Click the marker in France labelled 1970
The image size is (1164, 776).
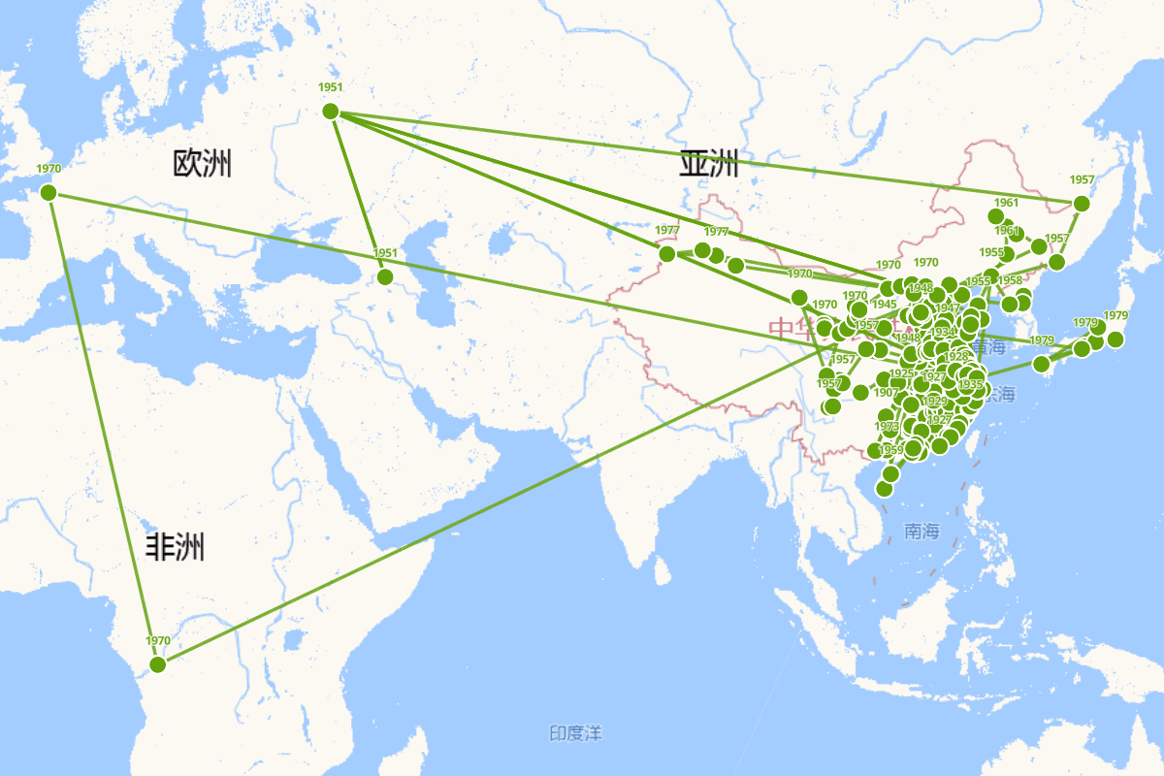[x=48, y=193]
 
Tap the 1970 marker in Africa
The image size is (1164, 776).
[x=158, y=664]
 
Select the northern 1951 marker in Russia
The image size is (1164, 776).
[x=330, y=112]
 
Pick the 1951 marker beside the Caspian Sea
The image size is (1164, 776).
[x=385, y=276]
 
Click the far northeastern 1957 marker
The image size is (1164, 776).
[x=1082, y=204]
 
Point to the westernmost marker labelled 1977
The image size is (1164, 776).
[x=667, y=254]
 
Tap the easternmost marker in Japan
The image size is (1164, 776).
[x=1115, y=339]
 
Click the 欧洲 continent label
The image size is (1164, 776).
[x=202, y=163]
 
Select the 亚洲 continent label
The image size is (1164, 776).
[x=708, y=164]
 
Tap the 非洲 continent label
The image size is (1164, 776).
[x=176, y=548]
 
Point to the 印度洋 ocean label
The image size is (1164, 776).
[x=575, y=733]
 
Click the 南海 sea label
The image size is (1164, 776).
[x=921, y=531]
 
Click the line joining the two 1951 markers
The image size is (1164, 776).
[x=357, y=193]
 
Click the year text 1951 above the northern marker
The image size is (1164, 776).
[x=331, y=87]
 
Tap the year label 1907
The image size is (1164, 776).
[x=886, y=392]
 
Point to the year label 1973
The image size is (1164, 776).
[x=887, y=426]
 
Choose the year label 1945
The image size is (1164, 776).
[x=884, y=304]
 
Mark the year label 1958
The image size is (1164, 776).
[x=1010, y=280]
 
